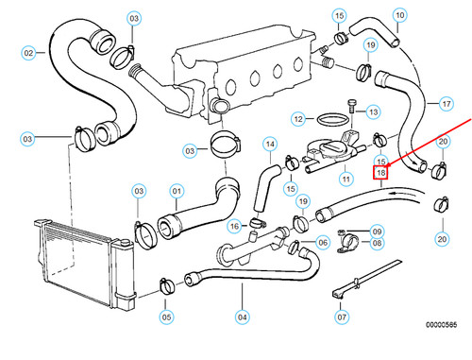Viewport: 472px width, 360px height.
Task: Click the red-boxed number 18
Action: point(380,173)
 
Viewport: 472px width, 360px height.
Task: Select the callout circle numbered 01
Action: point(176,192)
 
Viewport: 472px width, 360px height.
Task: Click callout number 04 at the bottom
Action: point(242,317)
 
